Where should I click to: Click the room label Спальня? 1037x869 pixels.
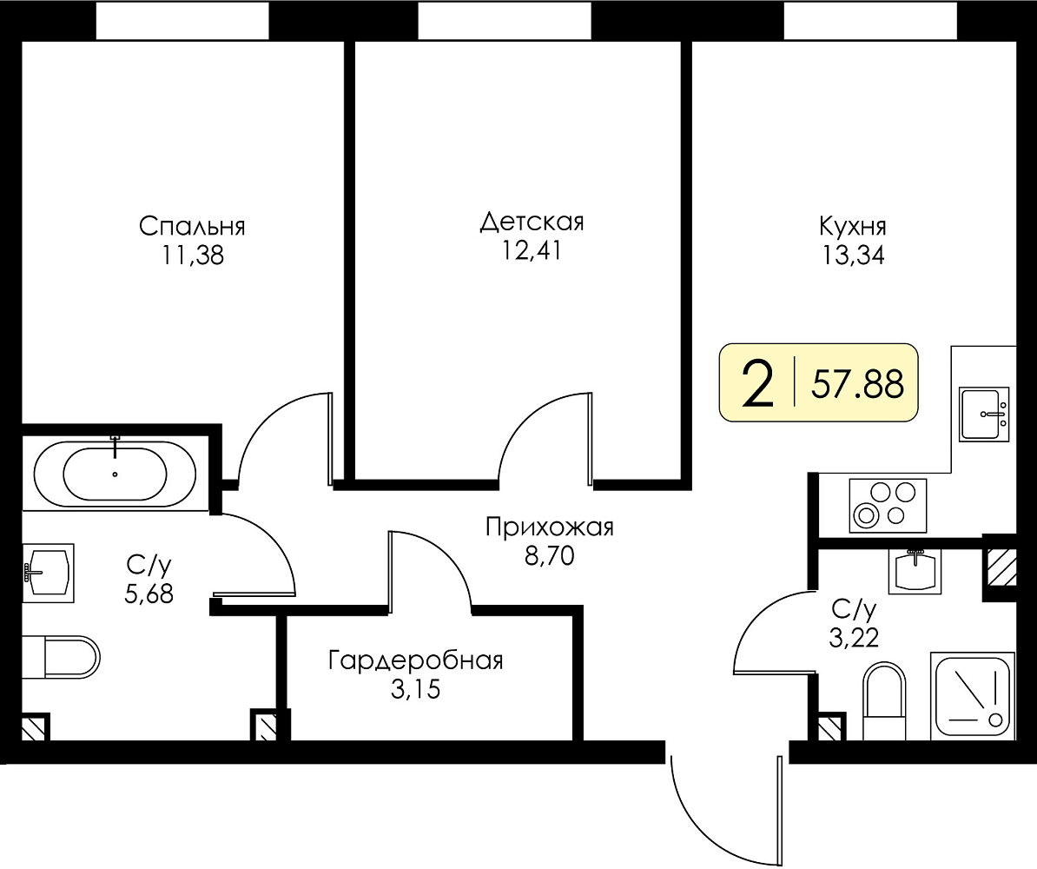(192, 226)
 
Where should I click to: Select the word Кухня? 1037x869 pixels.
(853, 226)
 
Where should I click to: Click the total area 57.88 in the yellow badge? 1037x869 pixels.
(857, 384)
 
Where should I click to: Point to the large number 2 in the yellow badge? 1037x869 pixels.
(758, 385)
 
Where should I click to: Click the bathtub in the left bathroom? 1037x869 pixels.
(115, 474)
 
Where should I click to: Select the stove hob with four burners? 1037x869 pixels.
(888, 506)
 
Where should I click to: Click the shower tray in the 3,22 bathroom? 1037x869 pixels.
(972, 695)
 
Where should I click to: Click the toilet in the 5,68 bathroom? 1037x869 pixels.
(61, 657)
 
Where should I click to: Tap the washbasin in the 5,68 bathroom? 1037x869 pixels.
(49, 574)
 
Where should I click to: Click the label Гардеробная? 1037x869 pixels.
(415, 660)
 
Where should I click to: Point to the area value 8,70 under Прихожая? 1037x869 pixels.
(549, 557)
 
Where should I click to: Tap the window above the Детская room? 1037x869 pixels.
(505, 21)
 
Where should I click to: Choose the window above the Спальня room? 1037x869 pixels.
(182, 21)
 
